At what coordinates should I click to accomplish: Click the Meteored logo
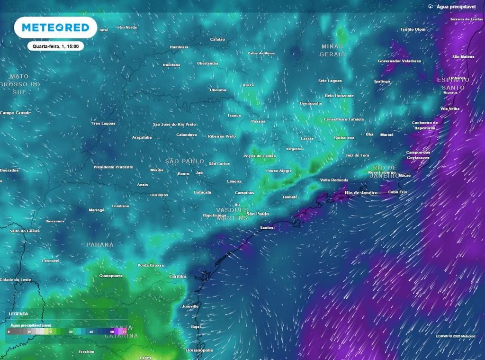[x=55, y=27]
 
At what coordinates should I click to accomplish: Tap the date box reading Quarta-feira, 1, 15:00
[x=55, y=46]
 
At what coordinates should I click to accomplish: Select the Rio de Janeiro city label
[x=361, y=193]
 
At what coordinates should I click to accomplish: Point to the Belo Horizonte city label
[x=339, y=96]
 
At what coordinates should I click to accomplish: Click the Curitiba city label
[x=178, y=276]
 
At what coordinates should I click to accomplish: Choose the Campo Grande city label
[x=15, y=113]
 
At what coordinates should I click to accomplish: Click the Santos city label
[x=267, y=228]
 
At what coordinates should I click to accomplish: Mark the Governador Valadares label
[x=399, y=61]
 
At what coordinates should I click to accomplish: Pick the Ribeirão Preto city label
[x=222, y=136]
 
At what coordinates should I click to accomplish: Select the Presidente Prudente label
[x=113, y=167]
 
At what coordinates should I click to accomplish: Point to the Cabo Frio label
[x=397, y=192]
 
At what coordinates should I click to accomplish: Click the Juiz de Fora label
[x=358, y=155]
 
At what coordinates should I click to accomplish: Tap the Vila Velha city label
[x=450, y=108]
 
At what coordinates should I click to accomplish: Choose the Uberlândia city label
[x=207, y=63]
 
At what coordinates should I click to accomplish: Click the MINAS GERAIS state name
[x=332, y=50]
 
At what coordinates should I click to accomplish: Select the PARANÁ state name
[x=100, y=244]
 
